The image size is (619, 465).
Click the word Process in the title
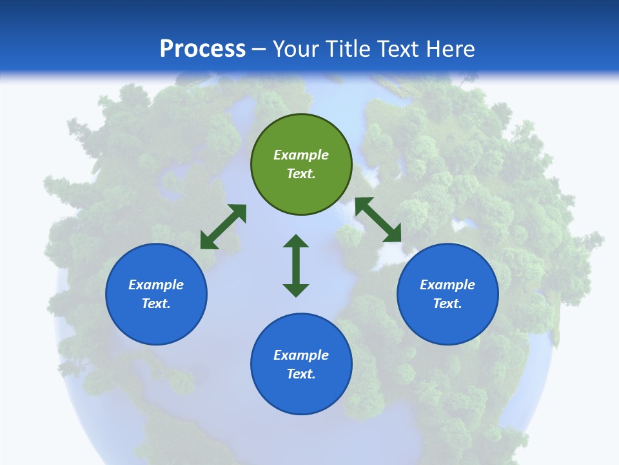[202, 49]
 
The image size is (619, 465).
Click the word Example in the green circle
[301, 155]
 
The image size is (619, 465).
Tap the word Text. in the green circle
[301, 174]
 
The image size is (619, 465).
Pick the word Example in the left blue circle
[156, 285]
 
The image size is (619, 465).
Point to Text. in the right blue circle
[447, 304]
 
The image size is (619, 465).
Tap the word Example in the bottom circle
[301, 355]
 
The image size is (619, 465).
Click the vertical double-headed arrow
[296, 265]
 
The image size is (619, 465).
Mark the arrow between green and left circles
[223, 227]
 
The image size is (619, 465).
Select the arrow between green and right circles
[378, 220]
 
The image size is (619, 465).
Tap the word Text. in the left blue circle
[156, 304]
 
